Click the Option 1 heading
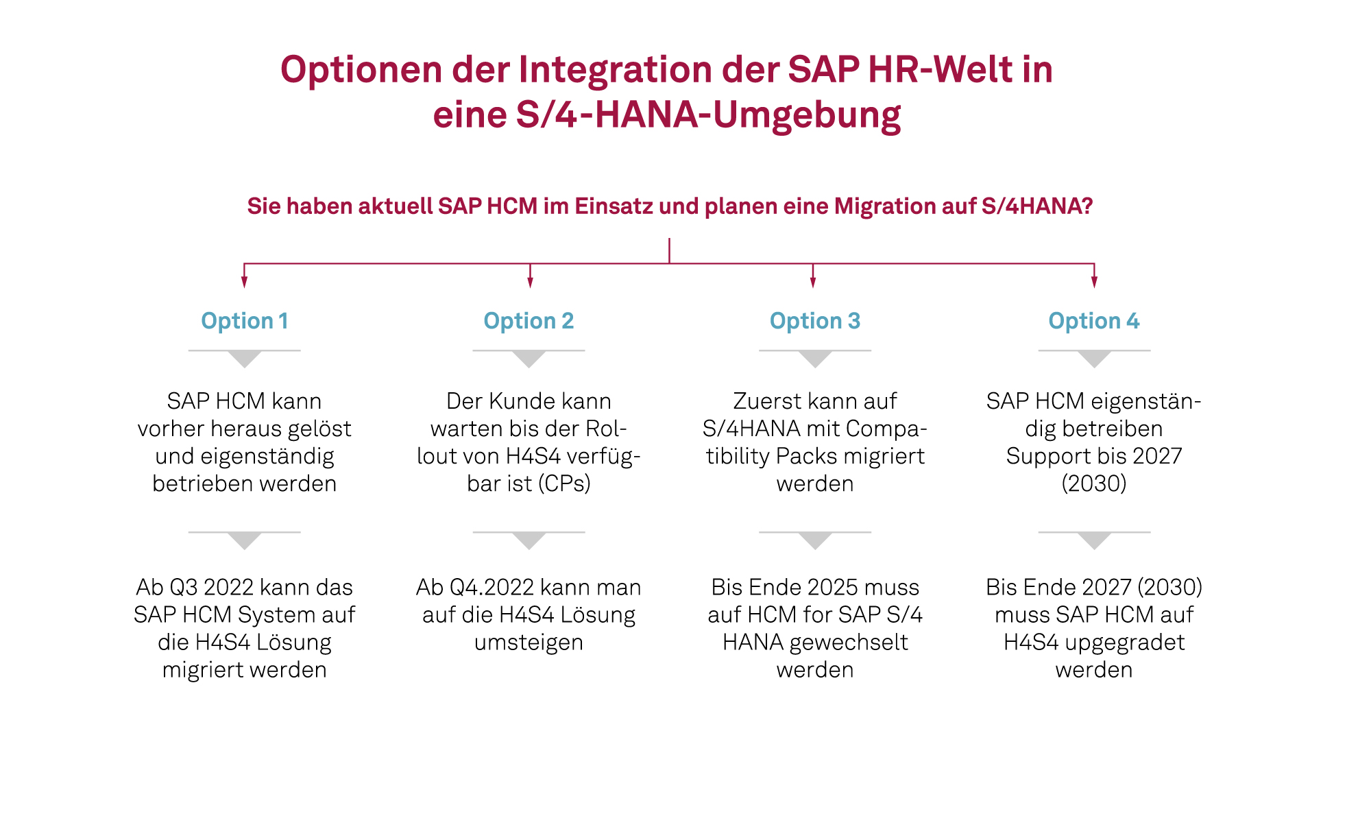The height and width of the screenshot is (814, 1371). pos(244,321)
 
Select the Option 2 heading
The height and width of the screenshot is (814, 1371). pos(529,321)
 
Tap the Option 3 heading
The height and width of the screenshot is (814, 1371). pos(814,321)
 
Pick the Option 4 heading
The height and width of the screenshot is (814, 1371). pos(1093,321)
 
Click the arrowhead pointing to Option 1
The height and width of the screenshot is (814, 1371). pos(244,282)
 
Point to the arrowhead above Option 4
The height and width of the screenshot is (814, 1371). pos(1094,282)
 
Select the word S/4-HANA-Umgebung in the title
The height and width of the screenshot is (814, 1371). pos(666,115)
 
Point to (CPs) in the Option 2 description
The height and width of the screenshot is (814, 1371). pos(564,483)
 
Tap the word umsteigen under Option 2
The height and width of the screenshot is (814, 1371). pos(529,643)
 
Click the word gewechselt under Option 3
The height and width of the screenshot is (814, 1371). pos(849,642)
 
